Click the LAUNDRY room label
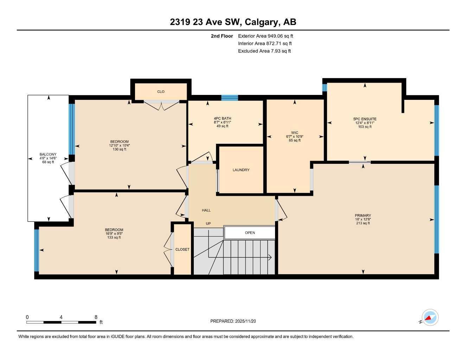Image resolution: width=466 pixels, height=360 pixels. point(241,170)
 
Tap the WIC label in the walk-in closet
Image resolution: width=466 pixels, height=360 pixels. point(294,133)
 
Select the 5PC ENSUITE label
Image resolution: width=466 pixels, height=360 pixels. point(365,119)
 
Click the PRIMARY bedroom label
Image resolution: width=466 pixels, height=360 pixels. point(363,216)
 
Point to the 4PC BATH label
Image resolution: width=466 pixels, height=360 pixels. point(222,118)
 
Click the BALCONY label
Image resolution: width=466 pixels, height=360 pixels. point(48,154)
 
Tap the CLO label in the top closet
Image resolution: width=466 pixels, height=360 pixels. point(161,92)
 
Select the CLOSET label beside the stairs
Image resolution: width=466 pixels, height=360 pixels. point(182,249)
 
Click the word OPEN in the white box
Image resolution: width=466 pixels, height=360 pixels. point(250,233)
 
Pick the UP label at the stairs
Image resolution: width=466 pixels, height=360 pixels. point(208,224)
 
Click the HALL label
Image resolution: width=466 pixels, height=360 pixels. point(206,210)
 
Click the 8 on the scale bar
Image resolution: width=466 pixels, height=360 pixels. point(96,317)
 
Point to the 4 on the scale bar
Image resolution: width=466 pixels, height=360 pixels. point(61,317)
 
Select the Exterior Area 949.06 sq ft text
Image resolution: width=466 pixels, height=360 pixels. point(266,36)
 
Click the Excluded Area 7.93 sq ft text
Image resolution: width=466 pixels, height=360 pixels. point(264,51)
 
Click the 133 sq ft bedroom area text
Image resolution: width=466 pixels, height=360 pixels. point(114,238)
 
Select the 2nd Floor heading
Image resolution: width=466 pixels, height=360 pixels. point(222,36)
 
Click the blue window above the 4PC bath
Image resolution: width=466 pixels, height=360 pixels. point(229,98)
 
